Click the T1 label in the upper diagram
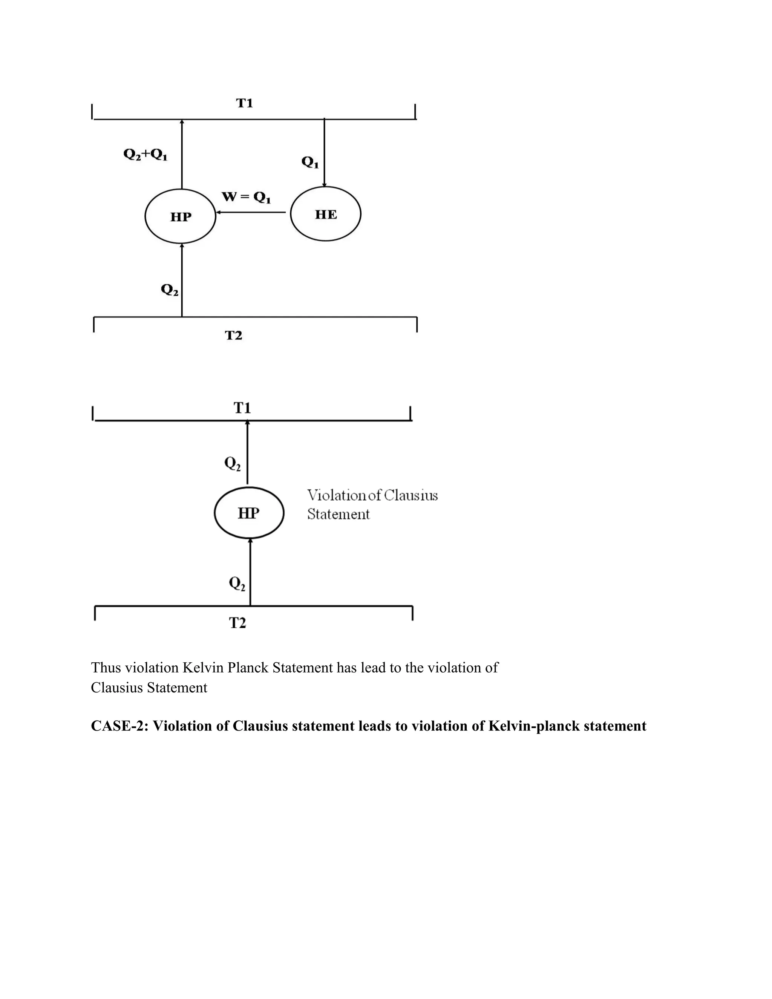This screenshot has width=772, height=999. (x=244, y=103)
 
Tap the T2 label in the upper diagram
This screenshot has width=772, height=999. (x=233, y=336)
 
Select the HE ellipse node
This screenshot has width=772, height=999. (x=326, y=214)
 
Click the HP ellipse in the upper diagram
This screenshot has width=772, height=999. (x=180, y=216)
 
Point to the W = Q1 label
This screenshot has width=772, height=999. (x=247, y=198)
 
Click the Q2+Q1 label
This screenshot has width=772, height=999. (x=146, y=155)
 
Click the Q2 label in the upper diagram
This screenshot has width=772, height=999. (x=169, y=290)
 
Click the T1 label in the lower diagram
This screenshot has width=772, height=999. (x=242, y=408)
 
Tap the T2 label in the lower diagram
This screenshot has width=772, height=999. (x=237, y=623)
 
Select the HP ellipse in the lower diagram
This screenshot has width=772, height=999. (x=249, y=513)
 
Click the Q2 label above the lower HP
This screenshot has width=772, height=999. (x=232, y=464)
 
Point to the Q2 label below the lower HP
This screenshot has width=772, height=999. (x=237, y=584)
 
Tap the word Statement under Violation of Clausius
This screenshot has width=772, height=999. (x=338, y=515)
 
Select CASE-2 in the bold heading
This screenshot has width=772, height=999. (x=119, y=726)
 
